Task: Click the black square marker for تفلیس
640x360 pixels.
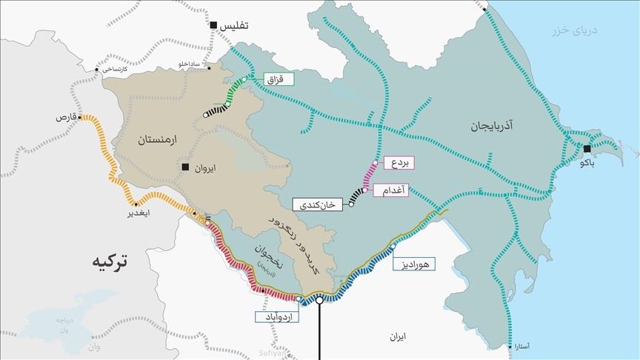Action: [213, 26]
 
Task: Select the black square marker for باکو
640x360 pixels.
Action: [587, 149]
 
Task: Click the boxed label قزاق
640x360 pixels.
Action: [280, 78]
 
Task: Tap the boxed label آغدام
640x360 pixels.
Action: [392, 190]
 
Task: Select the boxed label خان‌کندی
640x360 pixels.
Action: [319, 204]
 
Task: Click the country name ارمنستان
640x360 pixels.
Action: [157, 139]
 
